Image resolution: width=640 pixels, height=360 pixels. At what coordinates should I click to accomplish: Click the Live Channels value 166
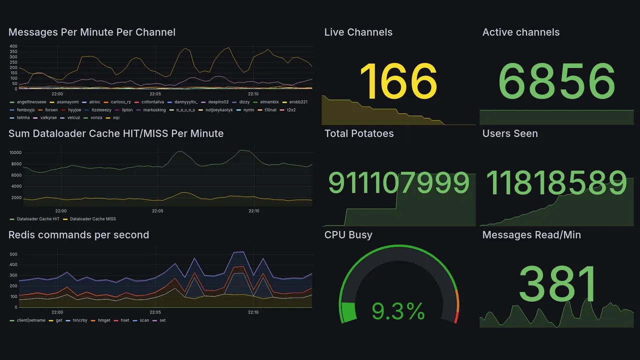(398, 82)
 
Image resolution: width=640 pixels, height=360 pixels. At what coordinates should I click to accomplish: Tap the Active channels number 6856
(556, 82)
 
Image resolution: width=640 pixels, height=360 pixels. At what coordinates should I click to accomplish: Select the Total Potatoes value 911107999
(398, 183)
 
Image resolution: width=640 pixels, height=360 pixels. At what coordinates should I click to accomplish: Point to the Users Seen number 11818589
(556, 183)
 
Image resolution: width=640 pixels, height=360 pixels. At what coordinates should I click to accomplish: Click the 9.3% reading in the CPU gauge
(398, 312)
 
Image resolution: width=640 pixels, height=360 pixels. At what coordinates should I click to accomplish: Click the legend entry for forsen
(51, 109)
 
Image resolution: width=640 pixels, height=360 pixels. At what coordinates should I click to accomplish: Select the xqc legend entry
(116, 117)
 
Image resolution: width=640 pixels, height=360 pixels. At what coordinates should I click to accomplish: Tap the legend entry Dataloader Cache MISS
(92, 219)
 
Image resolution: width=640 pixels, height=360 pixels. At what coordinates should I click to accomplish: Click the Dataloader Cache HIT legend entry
(38, 219)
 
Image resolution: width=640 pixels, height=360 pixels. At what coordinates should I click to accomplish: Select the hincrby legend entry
(80, 320)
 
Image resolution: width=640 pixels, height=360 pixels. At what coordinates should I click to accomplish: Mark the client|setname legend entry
(31, 320)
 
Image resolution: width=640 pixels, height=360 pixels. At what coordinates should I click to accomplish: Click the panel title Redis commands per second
(78, 235)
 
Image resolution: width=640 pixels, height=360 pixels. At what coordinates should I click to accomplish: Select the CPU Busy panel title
(348, 235)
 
